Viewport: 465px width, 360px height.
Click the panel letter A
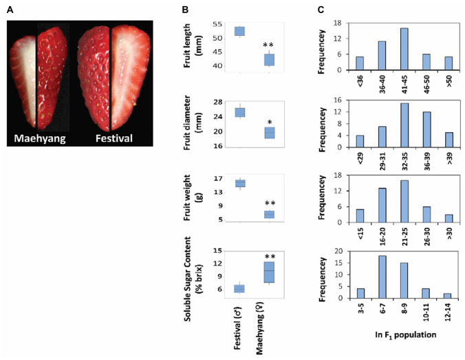coord(10,10)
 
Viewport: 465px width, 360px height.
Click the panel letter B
coord(184,10)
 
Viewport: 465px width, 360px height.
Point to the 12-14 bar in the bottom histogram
coord(447,295)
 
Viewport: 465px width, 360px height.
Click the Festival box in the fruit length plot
coord(240,31)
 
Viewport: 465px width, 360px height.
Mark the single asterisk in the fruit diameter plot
coord(270,123)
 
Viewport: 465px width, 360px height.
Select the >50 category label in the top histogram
coord(447,82)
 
